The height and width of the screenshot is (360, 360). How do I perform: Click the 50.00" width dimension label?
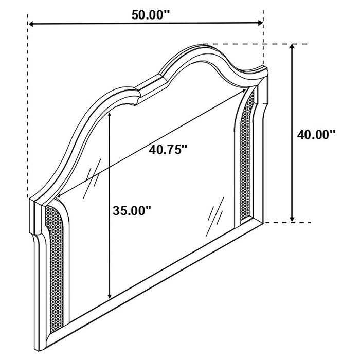(151, 14)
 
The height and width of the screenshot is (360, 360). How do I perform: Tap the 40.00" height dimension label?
(316, 135)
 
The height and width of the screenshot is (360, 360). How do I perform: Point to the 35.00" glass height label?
(132, 210)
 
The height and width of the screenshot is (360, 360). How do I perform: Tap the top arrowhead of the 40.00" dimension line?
(293, 48)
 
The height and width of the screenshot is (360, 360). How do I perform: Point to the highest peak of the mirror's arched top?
(208, 47)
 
